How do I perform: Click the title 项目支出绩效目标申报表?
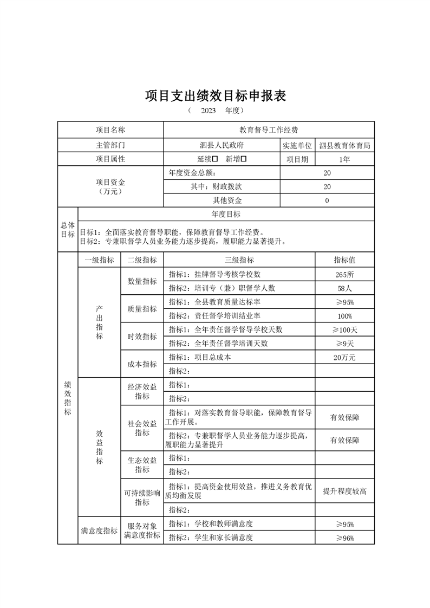pyautogui.click(x=215, y=96)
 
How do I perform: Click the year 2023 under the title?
pyautogui.click(x=208, y=111)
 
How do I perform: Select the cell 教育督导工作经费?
pyautogui.click(x=269, y=130)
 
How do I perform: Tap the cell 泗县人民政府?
pyautogui.click(x=221, y=145)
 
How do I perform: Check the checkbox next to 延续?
pyautogui.click(x=215, y=159)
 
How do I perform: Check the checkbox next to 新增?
pyautogui.click(x=244, y=159)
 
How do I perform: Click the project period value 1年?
pyautogui.click(x=344, y=159)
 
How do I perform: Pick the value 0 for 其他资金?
pyautogui.click(x=327, y=200)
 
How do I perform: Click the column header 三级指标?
pyautogui.click(x=239, y=260)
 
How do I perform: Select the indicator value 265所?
pyautogui.click(x=344, y=274)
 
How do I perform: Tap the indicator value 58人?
pyautogui.click(x=344, y=288)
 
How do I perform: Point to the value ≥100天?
pyautogui.click(x=344, y=329)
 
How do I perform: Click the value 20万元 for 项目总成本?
pyautogui.click(x=344, y=357)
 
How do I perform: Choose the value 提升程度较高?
pyautogui.click(x=344, y=491)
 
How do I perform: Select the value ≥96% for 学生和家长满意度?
pyautogui.click(x=344, y=538)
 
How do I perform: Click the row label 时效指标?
pyautogui.click(x=142, y=337)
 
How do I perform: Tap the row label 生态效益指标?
pyautogui.click(x=142, y=464)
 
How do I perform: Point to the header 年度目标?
pyautogui.click(x=226, y=214)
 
